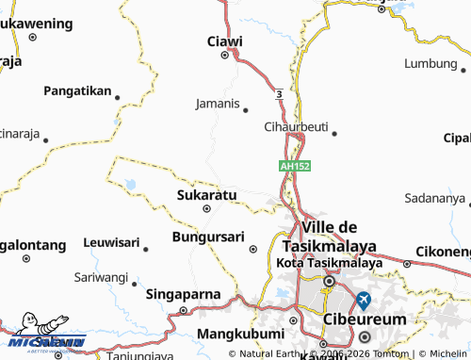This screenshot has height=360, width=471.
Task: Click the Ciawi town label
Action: tap(225, 41)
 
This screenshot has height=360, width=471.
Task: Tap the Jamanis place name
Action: tap(218, 103)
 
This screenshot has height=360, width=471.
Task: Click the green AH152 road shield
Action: tap(295, 166)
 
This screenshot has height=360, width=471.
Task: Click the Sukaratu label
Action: tap(206, 195)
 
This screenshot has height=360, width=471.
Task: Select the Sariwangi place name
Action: tap(101, 278)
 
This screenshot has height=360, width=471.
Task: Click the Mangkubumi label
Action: tap(241, 334)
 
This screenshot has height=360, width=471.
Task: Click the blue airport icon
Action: tap(364, 302)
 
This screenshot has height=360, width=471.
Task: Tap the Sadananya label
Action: tap(434, 199)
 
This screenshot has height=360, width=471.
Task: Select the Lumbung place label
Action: tap(430, 63)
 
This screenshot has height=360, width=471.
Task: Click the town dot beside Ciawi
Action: tap(224, 55)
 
